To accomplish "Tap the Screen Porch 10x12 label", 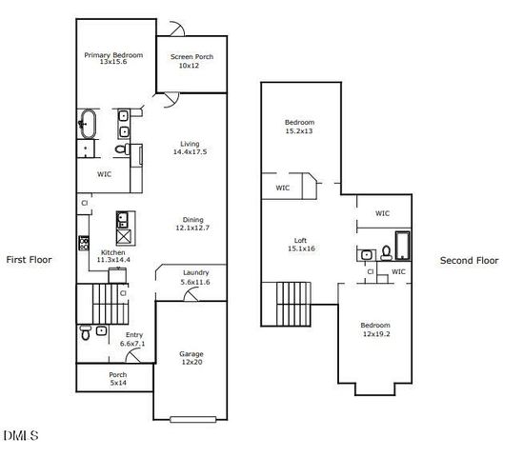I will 191,62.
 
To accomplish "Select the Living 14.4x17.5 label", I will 190,149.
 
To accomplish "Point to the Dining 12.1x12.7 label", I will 192,225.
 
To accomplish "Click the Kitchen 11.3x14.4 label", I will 113,257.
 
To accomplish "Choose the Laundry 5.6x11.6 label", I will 196,277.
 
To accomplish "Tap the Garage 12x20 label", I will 191,358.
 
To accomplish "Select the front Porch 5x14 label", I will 117,379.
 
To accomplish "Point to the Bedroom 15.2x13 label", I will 299,127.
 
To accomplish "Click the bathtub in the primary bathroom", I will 88,124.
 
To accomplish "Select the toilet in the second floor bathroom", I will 386,252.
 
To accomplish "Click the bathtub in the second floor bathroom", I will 402,247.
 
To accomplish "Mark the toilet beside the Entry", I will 87,333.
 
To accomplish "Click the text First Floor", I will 29,259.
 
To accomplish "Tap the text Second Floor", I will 469,260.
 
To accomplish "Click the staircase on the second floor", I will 287,304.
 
